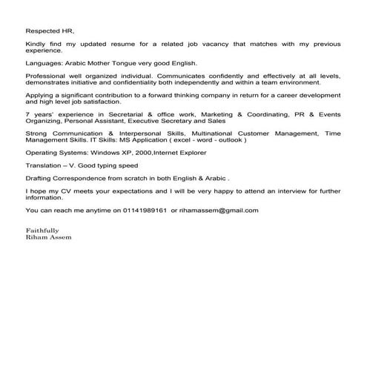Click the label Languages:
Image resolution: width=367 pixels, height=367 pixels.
pyautogui.click(x=44, y=65)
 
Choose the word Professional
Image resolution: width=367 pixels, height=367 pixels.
pyautogui.click(x=47, y=76)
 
